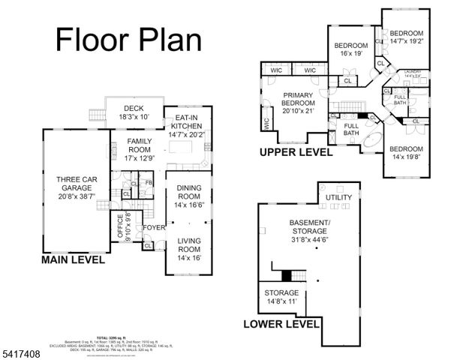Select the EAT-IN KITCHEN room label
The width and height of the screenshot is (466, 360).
[186, 126]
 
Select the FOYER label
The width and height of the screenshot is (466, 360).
[154, 227]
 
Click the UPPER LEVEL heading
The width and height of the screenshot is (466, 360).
[295, 152]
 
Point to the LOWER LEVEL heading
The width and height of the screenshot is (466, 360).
[282, 325]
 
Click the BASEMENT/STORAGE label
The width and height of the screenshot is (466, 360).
[308, 228]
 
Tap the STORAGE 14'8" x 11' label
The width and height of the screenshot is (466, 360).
[281, 296]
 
